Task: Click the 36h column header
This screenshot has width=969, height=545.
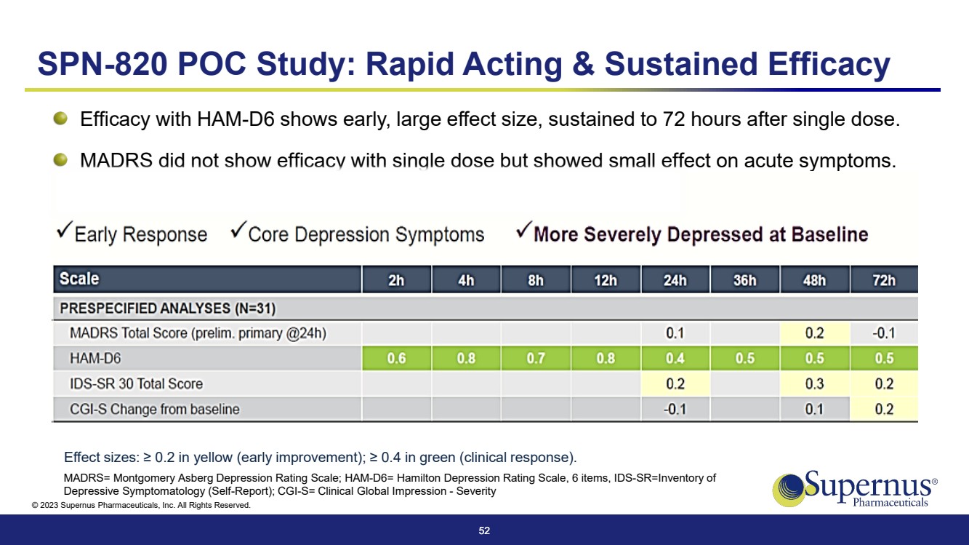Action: (x=744, y=280)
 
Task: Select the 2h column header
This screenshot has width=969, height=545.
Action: (x=396, y=280)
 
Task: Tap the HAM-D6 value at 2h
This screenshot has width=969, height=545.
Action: (x=396, y=359)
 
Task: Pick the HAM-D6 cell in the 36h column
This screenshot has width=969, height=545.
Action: (x=744, y=359)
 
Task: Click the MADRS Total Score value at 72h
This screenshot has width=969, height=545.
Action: (x=884, y=334)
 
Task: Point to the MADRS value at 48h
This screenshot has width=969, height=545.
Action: (x=814, y=334)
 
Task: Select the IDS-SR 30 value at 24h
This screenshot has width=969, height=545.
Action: (x=675, y=383)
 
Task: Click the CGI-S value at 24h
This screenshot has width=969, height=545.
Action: (x=675, y=409)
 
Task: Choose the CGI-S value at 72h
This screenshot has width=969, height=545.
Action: (x=884, y=409)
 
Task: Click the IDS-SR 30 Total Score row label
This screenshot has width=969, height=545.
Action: (x=136, y=383)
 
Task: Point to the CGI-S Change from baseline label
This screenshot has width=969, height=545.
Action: (x=154, y=409)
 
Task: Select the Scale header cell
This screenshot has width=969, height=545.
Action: (x=79, y=279)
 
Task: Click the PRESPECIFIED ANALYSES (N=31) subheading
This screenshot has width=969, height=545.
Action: (x=167, y=309)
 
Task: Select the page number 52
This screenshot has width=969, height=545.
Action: (x=484, y=531)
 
